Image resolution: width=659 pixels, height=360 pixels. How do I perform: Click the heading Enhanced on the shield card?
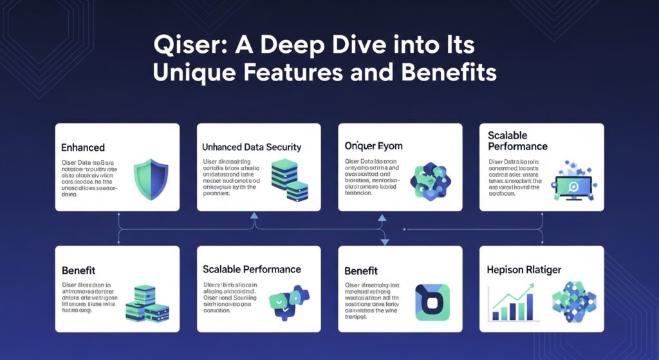click(x=83, y=147)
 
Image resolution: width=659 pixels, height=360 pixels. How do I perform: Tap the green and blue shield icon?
click(x=150, y=179)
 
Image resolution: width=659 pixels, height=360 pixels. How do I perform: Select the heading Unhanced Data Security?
click(x=252, y=147)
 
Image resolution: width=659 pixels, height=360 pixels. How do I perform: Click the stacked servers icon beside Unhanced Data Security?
click(x=288, y=180)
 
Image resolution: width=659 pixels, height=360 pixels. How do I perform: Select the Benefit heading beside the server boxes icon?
click(x=79, y=269)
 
